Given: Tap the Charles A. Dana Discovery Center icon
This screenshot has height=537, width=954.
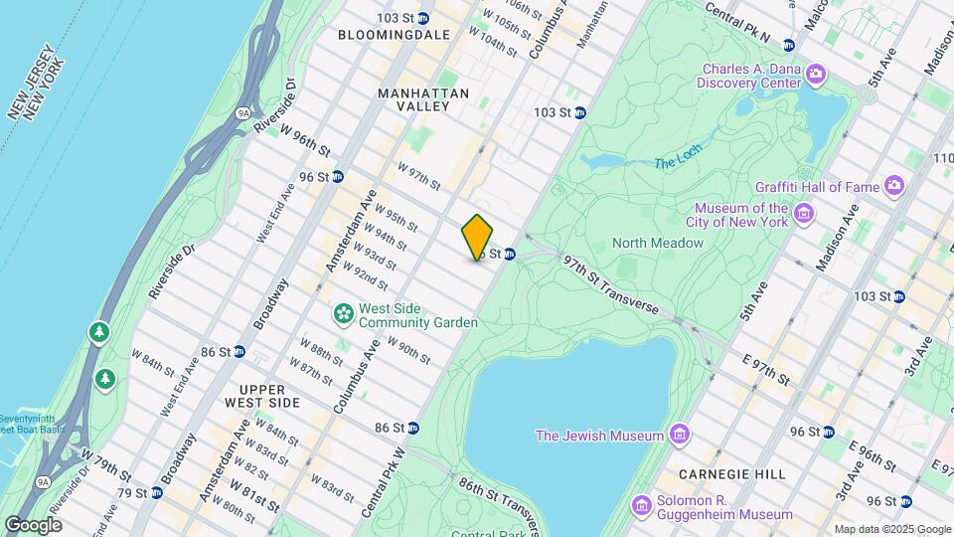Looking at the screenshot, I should (x=816, y=73).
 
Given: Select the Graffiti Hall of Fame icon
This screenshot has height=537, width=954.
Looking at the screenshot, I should (x=895, y=185).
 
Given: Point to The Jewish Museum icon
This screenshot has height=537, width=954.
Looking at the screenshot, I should (x=679, y=435).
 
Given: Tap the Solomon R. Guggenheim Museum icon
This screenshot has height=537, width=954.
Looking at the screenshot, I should (x=643, y=507).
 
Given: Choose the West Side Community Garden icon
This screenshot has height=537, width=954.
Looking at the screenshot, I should (x=344, y=314).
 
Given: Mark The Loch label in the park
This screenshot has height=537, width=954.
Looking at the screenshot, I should (x=679, y=161).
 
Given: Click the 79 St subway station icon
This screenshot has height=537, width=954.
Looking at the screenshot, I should (x=156, y=492).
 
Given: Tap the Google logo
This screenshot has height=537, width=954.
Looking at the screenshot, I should (x=33, y=524).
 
